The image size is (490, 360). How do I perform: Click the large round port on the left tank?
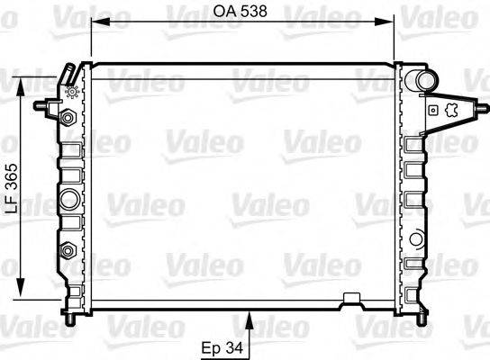[68, 198]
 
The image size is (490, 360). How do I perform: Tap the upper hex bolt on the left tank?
[68, 117]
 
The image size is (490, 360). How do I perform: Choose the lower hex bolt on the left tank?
[68, 249]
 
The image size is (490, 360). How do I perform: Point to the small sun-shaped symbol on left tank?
[71, 91]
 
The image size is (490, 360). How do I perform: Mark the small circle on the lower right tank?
[416, 238]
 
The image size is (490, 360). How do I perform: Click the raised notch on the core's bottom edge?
[352, 296]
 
